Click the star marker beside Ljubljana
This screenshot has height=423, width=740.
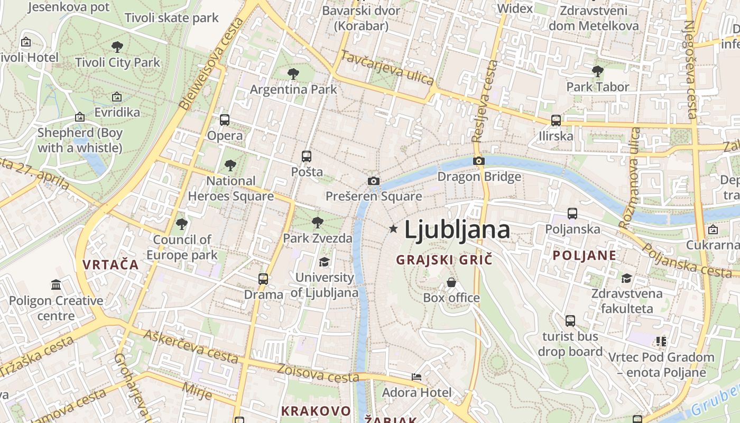click(x=393, y=229)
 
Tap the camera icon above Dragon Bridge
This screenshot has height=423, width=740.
click(x=479, y=161)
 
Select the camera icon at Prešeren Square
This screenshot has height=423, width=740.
click(x=374, y=181)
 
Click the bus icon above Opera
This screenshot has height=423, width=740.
click(x=225, y=120)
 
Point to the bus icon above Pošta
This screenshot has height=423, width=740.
click(x=307, y=157)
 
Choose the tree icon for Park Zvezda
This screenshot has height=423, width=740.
click(x=317, y=222)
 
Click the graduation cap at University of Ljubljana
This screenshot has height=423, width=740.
click(x=324, y=262)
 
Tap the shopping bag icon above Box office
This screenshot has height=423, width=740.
click(x=451, y=282)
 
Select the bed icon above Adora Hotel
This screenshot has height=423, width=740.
click(x=417, y=377)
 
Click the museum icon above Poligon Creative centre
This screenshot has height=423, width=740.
click(x=56, y=285)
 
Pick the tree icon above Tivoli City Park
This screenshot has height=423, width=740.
click(x=117, y=47)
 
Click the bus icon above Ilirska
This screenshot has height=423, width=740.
click(x=556, y=120)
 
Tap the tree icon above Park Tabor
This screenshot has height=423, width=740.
click(x=598, y=71)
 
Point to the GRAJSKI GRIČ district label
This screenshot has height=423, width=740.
click(x=444, y=260)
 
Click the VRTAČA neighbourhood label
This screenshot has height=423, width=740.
click(x=110, y=265)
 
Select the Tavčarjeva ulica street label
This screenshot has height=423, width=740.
click(x=387, y=68)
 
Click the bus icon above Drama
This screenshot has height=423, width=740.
click(x=263, y=279)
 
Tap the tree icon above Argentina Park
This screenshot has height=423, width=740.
click(x=293, y=74)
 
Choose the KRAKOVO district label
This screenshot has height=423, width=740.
click(x=316, y=411)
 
